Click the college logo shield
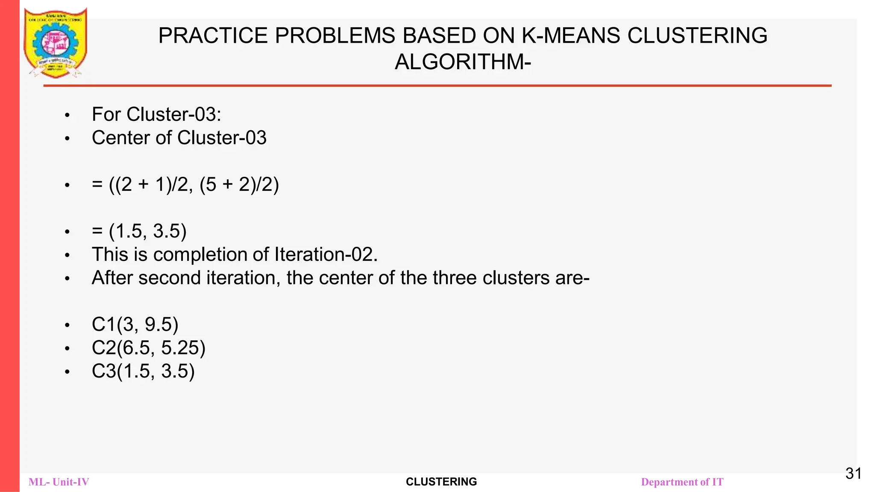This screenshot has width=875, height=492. pos(56,43)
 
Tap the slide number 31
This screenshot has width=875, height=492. pos(853,473)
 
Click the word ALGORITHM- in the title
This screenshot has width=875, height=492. pos(463,62)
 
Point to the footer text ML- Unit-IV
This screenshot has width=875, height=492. pos(59,482)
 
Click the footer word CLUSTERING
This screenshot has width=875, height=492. pos(441,482)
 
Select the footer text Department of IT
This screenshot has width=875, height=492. pos(682,482)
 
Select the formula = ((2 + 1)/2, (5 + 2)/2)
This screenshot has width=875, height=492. pos(185,184)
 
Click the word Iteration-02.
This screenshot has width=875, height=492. pos(326,255)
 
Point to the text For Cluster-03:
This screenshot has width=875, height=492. pos(156,114)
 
